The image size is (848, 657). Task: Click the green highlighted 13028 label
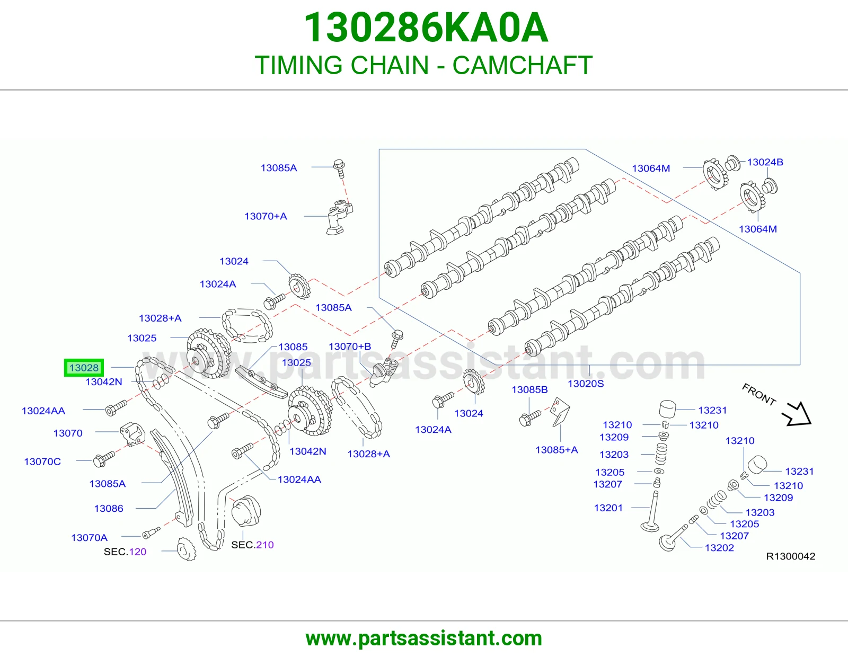pos(84,368)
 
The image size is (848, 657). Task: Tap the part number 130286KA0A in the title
pos(426,28)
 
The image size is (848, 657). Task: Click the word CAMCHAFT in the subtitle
pos(523,65)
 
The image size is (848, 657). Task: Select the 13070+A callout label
pos(266,216)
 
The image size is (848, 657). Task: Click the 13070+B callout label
pos(350,347)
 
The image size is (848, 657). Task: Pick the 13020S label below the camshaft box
pos(585,384)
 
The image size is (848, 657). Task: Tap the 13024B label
pos(765,162)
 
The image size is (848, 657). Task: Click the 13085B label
pos(529,389)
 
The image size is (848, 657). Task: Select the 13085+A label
pos(556,450)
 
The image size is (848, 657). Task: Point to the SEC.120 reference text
pos(125,552)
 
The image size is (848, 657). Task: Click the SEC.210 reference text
pos(252,545)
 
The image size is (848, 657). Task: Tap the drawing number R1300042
pos(791,556)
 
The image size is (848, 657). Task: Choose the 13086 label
pos(109,508)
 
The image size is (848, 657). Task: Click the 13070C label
pos(42,461)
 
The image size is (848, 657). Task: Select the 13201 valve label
pos(608,508)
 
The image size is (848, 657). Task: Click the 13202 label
pos(719,548)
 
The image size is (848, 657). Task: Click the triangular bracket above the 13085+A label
pos(560,412)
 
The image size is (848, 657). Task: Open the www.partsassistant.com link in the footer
pos(424,638)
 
